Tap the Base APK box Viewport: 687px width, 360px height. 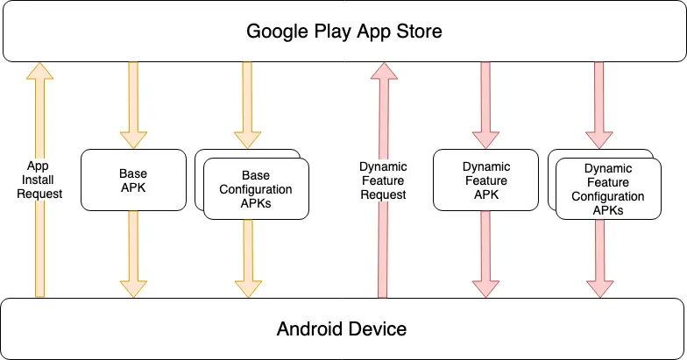[133, 180]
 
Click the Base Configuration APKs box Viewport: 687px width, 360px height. [256, 189]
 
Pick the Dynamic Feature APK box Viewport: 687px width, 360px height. [486, 180]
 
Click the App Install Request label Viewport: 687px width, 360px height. [39, 180]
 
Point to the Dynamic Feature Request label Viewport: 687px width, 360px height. [383, 180]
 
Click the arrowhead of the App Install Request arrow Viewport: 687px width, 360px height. [39, 71]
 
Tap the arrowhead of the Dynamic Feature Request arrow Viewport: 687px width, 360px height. [383, 71]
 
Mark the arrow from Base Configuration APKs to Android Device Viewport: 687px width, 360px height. [247, 254]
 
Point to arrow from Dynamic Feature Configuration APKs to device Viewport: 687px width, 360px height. [600, 254]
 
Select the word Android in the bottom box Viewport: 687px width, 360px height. [311, 329]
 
